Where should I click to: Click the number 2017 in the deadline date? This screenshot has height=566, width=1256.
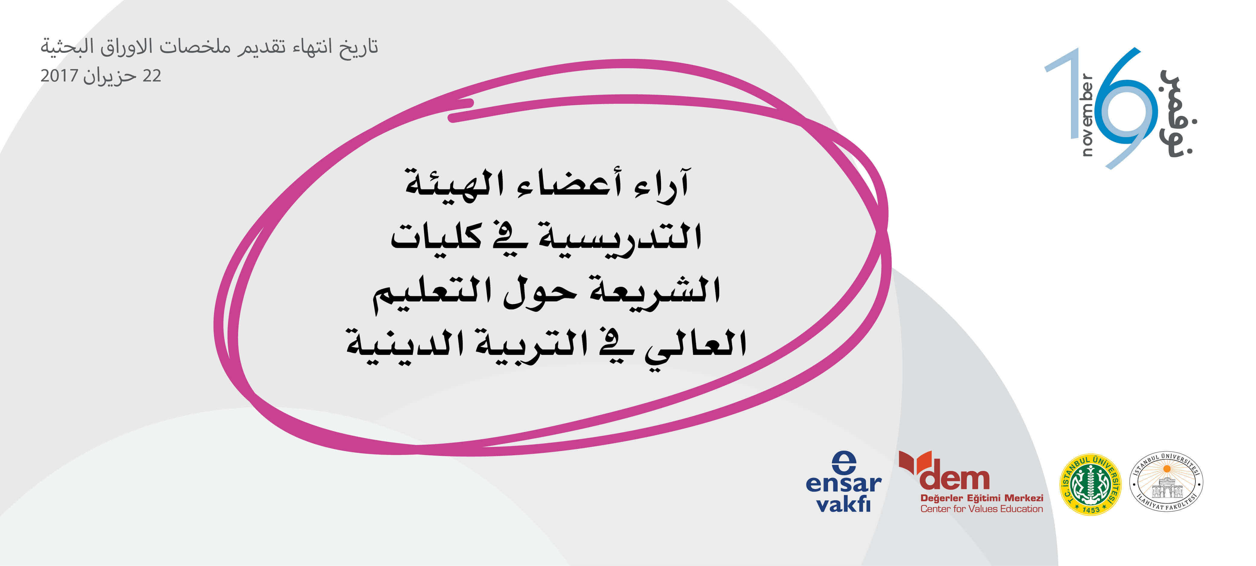(x=59, y=76)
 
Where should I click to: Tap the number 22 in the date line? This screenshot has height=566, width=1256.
(x=152, y=76)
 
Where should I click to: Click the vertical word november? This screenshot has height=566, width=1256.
(x=1087, y=115)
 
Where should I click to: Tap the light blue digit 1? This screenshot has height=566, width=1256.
(x=1066, y=93)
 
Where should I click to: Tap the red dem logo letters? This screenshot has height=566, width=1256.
(x=954, y=479)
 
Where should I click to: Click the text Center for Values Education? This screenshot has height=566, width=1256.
(x=981, y=509)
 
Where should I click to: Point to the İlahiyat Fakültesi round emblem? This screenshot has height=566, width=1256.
(x=1166, y=482)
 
